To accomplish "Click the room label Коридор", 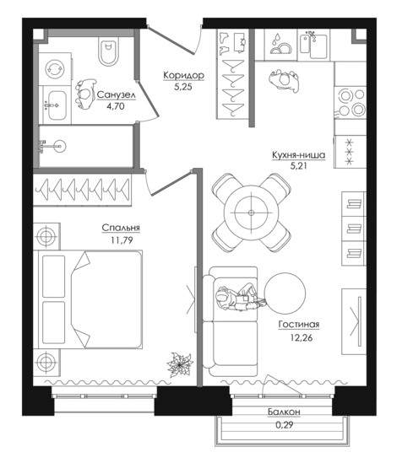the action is point(183,75).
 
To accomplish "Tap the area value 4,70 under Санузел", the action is point(116,106).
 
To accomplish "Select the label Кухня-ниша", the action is point(299,154).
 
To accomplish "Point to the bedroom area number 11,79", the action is point(122,240).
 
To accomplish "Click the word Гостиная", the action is point(299,324).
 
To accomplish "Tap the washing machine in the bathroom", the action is point(55,69).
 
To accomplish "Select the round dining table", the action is point(252,213).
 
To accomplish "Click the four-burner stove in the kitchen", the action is point(351,102).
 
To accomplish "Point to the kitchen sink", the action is point(313,46).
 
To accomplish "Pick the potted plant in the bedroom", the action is point(180,365).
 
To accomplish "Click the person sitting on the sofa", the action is point(241,299).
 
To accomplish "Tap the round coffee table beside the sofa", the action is point(285,293).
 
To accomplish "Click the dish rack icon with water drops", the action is point(280,44).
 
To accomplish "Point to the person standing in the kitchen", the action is point(284,81).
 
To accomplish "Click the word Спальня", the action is point(121,228).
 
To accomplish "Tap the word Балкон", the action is point(284,412).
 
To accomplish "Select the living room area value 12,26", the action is point(302,337).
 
